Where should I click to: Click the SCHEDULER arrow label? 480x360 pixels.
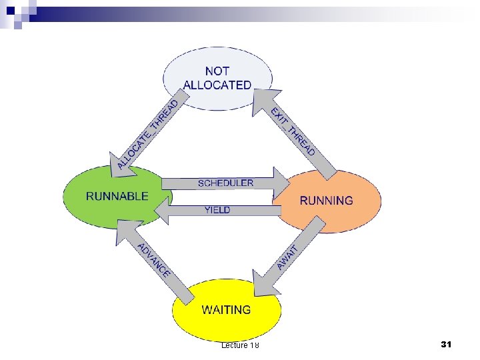[225, 183]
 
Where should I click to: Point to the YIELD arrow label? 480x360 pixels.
[217, 210]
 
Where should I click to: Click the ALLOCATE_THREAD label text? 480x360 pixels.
[148, 133]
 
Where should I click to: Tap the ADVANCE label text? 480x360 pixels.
[155, 261]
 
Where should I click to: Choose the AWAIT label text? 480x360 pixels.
[289, 256]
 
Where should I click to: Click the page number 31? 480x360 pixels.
[447, 344]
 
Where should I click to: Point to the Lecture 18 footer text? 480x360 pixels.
[240, 345]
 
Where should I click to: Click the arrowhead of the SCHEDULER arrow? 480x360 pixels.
[279, 183]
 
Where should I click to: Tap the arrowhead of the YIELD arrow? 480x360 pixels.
[162, 211]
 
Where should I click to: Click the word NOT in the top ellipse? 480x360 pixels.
[217, 71]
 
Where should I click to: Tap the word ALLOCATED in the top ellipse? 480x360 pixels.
[217, 85]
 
